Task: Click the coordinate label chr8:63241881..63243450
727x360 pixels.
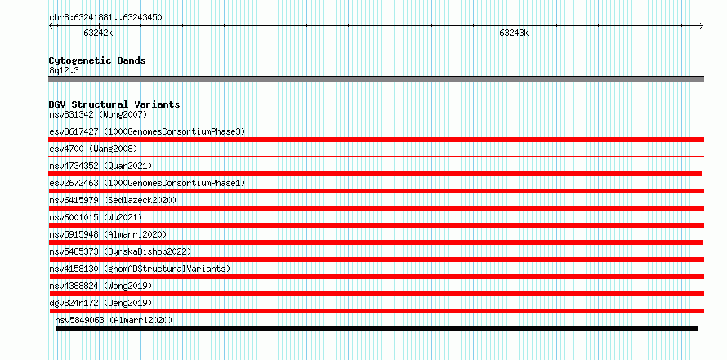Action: (105, 18)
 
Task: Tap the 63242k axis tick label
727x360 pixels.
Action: (98, 33)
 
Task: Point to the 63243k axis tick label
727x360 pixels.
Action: (514, 33)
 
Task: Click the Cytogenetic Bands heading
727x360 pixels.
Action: (97, 60)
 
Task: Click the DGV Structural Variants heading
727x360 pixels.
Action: (114, 104)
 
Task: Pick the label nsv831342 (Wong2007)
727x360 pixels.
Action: (98, 114)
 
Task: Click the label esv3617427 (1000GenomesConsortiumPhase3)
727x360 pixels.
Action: (147, 131)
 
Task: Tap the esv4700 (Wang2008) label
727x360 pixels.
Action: (93, 149)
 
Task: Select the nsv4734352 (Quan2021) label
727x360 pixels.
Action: (100, 166)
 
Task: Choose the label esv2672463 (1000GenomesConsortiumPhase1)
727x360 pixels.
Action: (147, 183)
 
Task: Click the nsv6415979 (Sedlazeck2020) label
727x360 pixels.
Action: (113, 200)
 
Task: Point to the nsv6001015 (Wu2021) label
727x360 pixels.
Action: (96, 217)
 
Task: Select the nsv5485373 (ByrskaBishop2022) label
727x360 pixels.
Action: (120, 251)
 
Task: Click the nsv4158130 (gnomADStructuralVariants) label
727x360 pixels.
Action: (140, 269)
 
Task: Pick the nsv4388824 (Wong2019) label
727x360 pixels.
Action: (100, 286)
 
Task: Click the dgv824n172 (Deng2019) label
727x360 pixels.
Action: (100, 303)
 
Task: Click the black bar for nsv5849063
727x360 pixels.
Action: (377, 328)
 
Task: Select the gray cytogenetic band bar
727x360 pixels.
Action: (376, 79)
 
